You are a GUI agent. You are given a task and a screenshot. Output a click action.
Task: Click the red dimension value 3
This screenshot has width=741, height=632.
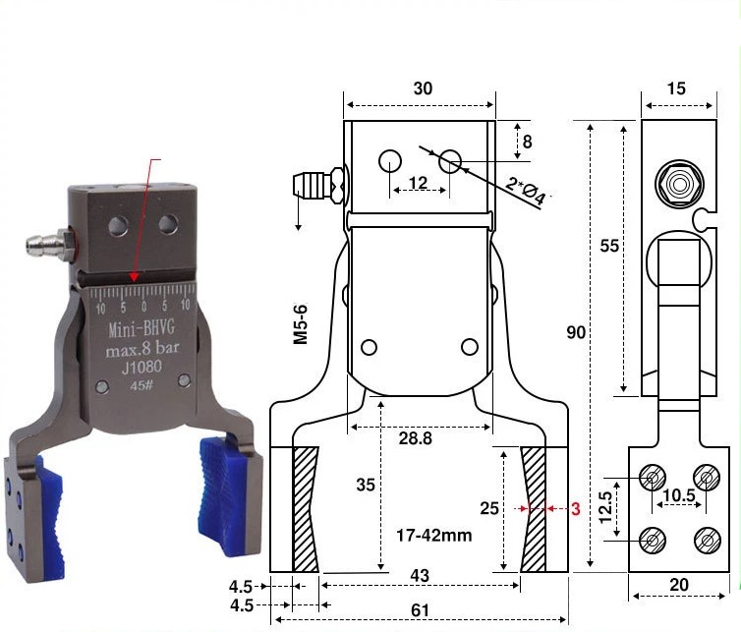pos(575,508)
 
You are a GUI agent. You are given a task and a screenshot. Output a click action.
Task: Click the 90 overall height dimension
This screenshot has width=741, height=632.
pos(576,333)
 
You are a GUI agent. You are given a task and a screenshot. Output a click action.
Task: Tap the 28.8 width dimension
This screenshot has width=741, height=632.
pos(416,438)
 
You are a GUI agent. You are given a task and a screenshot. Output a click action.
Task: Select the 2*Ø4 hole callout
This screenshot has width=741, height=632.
pos(526,190)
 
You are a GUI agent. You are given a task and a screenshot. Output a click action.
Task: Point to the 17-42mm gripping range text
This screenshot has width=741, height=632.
pos(433,536)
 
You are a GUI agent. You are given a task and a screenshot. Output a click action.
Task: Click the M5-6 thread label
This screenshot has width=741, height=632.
pos(301,323)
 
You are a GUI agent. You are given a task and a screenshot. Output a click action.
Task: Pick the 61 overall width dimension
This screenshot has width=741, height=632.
pos(420,610)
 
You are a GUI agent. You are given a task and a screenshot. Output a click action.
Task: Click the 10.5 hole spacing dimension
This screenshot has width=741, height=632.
pos(679,495)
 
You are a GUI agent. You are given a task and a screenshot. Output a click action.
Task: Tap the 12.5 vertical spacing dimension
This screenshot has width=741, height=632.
pos(605,507)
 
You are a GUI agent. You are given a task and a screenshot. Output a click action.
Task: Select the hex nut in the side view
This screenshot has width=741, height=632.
pos(679,184)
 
